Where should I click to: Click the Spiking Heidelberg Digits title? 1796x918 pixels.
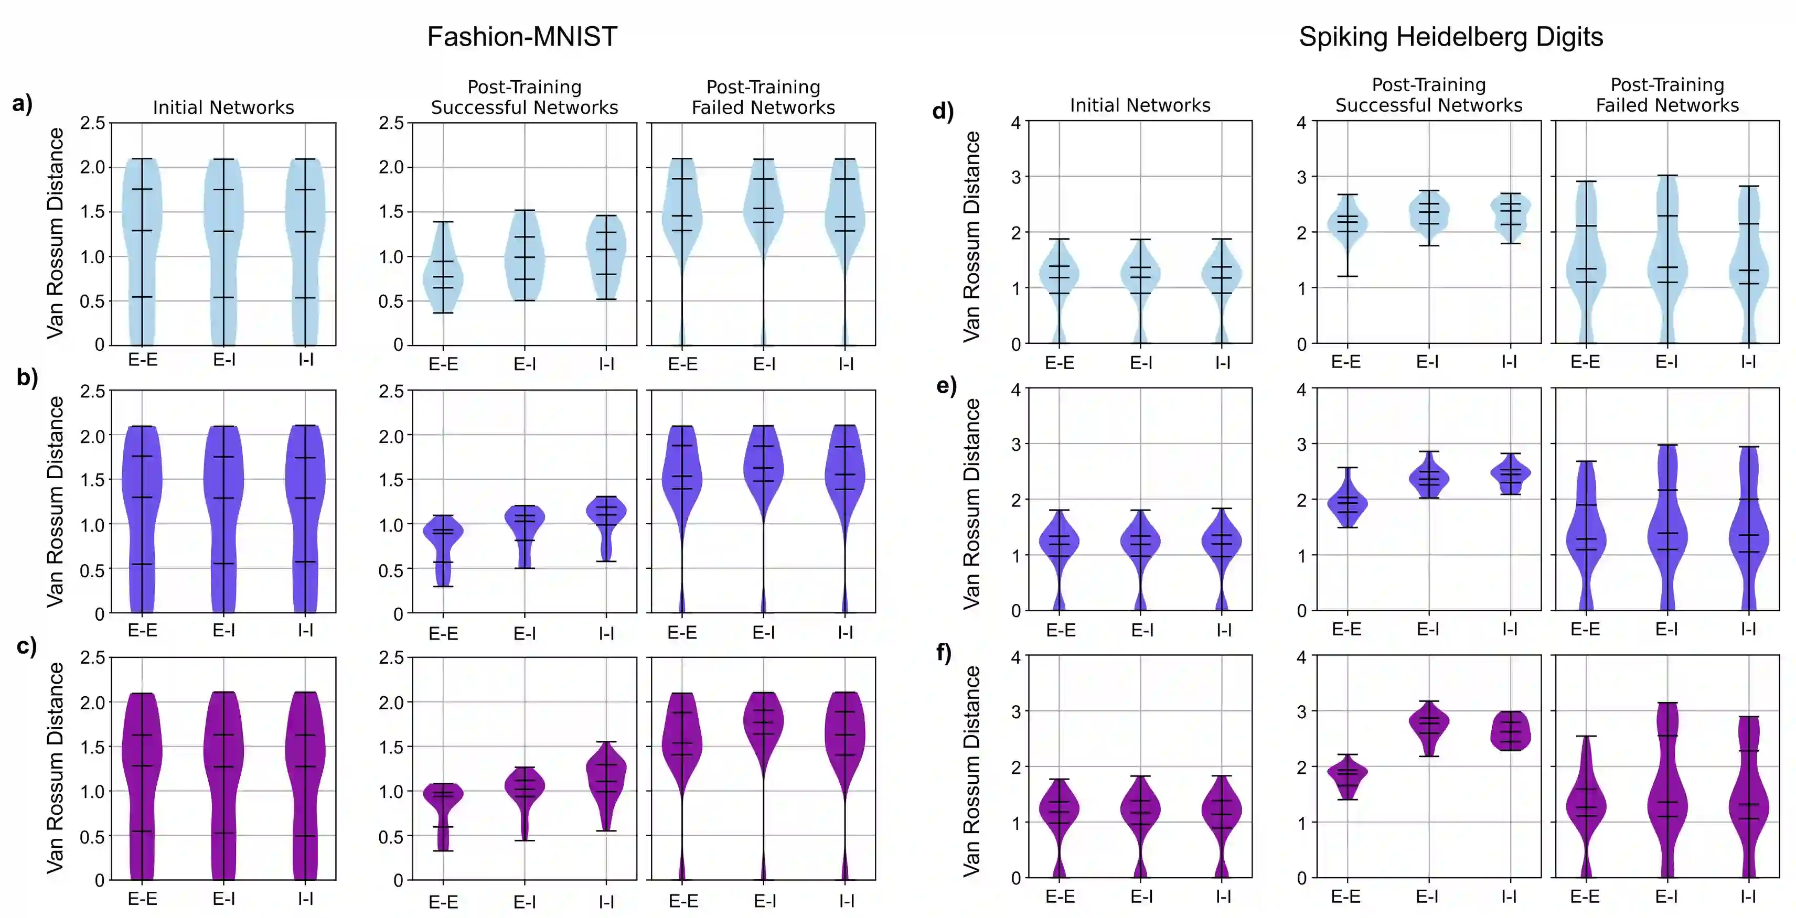click(x=1450, y=37)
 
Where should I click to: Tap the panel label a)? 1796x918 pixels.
click(x=23, y=104)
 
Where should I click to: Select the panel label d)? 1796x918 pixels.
click(x=943, y=112)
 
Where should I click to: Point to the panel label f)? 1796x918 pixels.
click(x=943, y=653)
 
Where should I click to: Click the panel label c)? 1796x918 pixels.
click(x=27, y=646)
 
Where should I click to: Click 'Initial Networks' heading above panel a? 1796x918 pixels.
click(x=223, y=107)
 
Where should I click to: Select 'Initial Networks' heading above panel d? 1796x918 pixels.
click(x=1140, y=105)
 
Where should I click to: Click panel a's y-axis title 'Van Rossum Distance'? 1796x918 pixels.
click(x=56, y=233)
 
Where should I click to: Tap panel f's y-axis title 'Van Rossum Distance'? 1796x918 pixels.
click(x=972, y=770)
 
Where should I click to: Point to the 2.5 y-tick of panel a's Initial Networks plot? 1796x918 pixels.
click(x=92, y=123)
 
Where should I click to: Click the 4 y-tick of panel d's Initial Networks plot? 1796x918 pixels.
click(x=1016, y=123)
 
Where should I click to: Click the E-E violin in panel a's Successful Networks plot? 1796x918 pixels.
click(x=443, y=275)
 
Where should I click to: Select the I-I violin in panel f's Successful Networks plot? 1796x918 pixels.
click(x=1510, y=730)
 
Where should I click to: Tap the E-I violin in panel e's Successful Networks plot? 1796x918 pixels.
click(x=1429, y=479)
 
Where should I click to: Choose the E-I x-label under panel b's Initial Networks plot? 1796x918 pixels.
click(x=224, y=630)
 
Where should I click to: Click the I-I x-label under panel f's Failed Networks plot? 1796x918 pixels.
click(x=1748, y=897)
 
